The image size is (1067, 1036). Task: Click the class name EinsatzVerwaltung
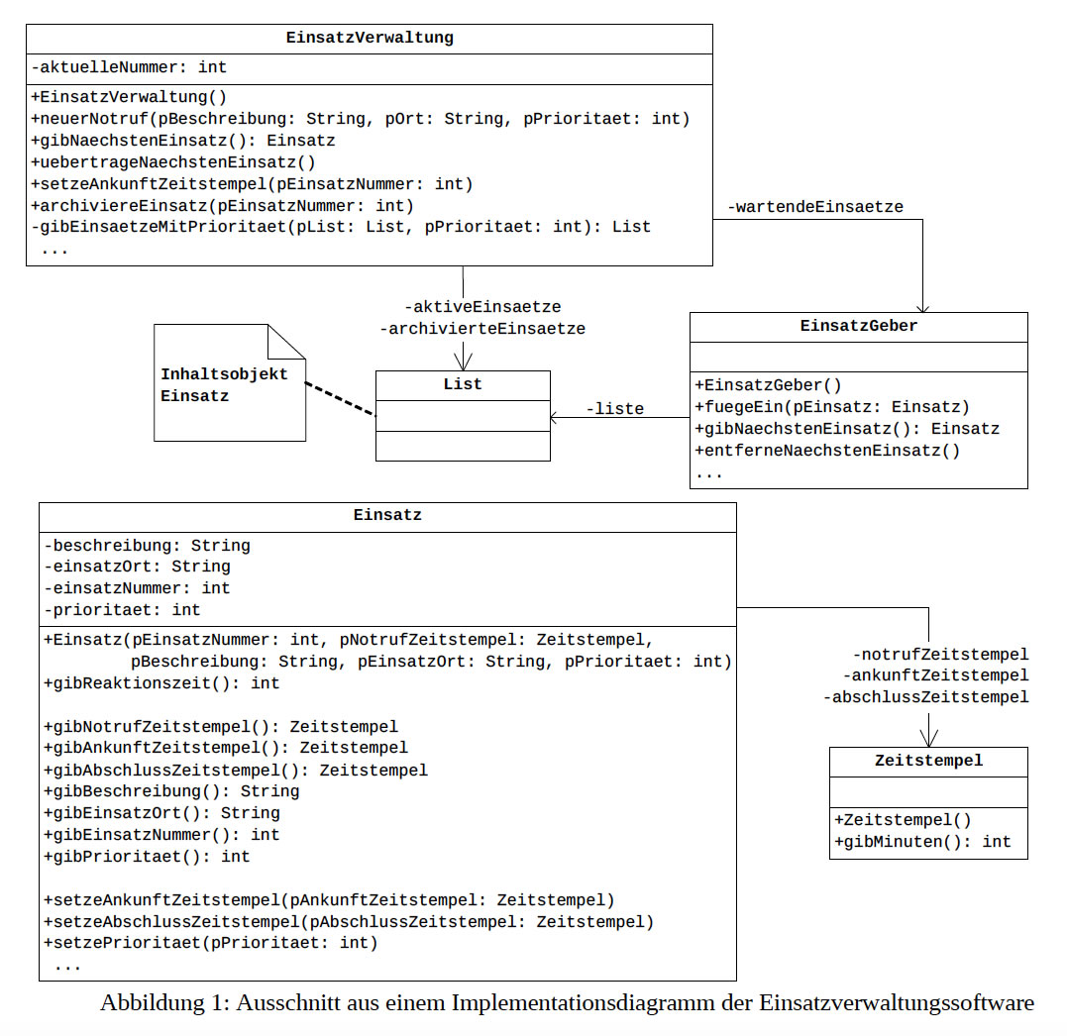point(369,39)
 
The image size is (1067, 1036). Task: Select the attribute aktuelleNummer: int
point(130,68)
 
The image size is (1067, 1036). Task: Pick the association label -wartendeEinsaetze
point(814,207)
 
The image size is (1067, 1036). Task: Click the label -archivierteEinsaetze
point(482,329)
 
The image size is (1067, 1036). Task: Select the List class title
point(463,384)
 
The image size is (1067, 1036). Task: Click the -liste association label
point(614,408)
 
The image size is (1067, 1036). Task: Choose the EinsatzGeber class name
point(858,326)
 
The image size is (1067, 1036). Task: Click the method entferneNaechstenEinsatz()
point(827,451)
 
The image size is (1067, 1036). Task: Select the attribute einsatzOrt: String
point(138,567)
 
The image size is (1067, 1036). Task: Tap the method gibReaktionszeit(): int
point(161,683)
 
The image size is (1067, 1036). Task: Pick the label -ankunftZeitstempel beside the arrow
point(935,675)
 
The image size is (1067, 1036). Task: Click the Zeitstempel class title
point(928,761)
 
